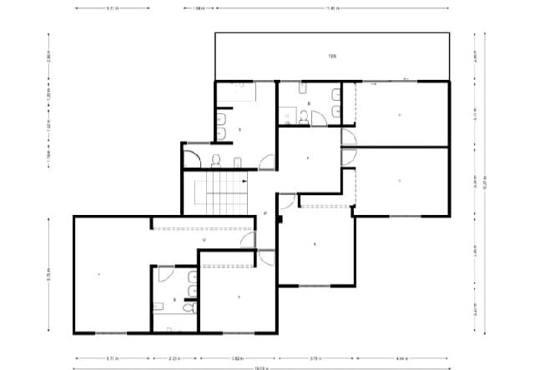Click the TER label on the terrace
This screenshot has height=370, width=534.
point(331,56)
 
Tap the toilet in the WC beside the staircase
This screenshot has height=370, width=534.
point(216,159)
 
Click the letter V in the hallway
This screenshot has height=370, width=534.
point(204,239)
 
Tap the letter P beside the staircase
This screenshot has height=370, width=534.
point(264,213)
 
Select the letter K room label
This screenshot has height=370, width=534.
point(314,244)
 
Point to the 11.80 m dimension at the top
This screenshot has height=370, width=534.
point(330,8)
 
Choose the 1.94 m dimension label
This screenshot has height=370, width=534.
point(198,8)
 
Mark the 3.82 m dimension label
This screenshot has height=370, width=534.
point(237,358)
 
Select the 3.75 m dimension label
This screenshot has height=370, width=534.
point(315,358)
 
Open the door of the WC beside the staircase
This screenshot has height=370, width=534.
point(192,156)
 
